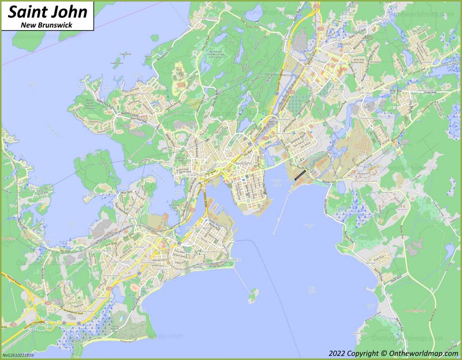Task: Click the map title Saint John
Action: click(48, 12)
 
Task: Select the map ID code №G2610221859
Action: click(18, 355)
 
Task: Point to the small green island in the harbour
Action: click(253, 297)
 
